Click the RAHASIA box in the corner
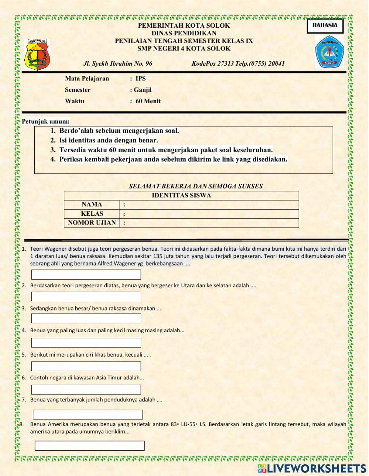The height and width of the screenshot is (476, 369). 325,26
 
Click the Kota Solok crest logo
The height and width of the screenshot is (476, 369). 37,55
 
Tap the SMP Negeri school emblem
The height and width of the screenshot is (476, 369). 329,52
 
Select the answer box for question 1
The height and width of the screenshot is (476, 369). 86,275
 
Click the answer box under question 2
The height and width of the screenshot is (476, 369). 86,296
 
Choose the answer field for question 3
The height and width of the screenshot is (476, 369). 86,319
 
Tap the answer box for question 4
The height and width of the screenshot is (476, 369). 86,343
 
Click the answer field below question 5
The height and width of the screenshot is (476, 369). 86,366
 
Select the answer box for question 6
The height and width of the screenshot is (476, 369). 86,390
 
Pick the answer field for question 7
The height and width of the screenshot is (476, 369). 88,414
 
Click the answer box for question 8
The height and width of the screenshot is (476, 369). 90,445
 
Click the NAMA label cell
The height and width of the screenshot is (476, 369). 92,205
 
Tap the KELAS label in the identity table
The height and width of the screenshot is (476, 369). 92,214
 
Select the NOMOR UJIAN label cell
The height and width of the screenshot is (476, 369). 92,223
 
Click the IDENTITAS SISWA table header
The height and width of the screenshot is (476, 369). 181,195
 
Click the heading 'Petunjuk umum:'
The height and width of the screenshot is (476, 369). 46,121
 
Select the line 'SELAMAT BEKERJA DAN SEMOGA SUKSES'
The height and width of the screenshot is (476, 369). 196,186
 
